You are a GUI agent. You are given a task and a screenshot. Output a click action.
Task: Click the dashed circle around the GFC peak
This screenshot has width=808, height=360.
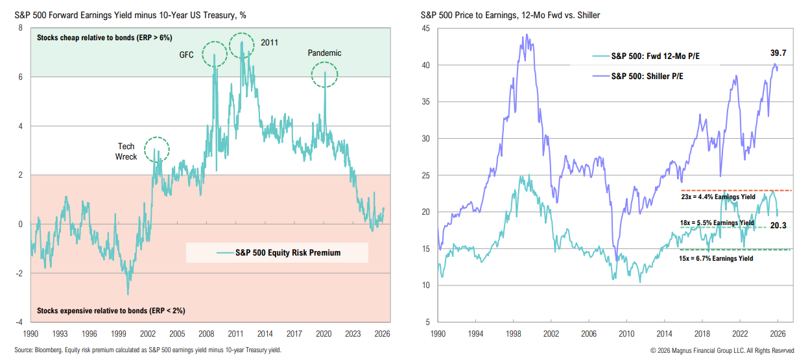[214, 54]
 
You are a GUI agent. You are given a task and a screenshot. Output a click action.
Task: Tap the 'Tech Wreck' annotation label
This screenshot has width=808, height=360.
[126, 151]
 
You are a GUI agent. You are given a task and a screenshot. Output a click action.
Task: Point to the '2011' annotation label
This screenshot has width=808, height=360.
[270, 42]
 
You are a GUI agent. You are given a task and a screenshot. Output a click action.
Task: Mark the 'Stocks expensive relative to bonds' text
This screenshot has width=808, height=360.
[111, 311]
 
